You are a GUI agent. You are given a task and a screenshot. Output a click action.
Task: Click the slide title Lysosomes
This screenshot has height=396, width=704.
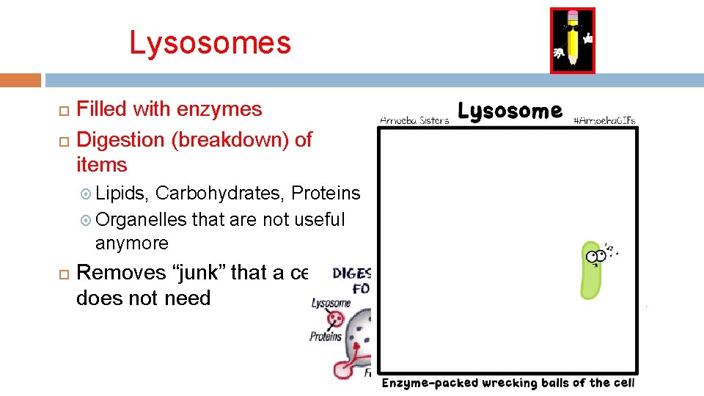[x=210, y=43]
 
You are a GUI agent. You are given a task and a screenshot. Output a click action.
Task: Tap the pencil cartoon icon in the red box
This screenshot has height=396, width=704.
[x=572, y=41]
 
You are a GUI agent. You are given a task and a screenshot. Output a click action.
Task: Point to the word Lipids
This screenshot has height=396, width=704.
[x=122, y=193]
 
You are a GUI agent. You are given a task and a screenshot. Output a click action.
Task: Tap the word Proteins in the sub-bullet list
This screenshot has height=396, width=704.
[x=326, y=193]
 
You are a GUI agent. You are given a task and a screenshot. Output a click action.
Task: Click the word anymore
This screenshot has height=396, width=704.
[x=132, y=243]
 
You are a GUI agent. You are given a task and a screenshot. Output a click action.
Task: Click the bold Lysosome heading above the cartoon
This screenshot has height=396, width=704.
[x=510, y=111]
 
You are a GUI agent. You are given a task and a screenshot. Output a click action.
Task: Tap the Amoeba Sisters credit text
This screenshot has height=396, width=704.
[x=414, y=120]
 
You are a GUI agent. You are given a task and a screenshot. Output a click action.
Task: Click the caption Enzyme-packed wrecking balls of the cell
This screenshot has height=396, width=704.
[x=507, y=383]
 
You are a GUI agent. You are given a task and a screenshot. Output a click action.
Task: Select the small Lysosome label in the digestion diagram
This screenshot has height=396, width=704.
[x=331, y=303]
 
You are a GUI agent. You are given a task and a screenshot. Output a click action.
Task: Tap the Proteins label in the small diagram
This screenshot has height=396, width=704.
[x=326, y=337]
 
